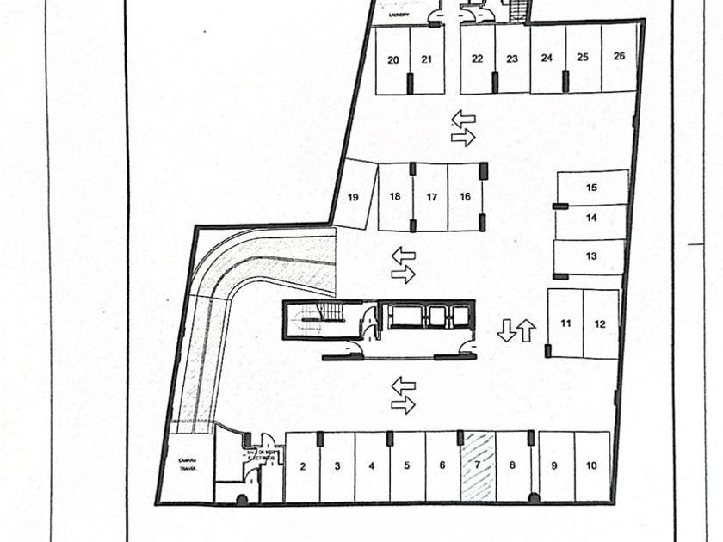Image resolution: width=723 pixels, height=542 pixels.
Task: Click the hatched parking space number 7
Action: pos(478,465)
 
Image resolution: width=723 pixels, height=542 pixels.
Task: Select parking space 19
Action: pos(353,197)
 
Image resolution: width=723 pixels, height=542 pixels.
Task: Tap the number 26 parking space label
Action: pos(619,57)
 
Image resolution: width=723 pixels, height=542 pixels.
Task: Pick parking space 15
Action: pos(591,187)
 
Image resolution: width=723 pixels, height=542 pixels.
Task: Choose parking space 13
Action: pos(590,256)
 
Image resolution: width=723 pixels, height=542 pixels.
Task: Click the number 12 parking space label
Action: pos(601,323)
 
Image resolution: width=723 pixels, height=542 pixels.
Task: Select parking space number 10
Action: pos(591,465)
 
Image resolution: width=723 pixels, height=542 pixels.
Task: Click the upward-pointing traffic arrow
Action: pos(527,330)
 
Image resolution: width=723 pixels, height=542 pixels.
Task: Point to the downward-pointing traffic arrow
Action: pos(508,330)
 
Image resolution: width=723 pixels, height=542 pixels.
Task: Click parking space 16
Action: pos(466,196)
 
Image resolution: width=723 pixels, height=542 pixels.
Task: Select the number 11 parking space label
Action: pos(565,323)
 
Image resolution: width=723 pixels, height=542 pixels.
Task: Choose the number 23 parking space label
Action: pos(512,59)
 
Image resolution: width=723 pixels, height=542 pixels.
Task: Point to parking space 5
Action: pos(406,465)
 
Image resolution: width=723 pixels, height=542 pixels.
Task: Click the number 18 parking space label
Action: pos(395,196)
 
